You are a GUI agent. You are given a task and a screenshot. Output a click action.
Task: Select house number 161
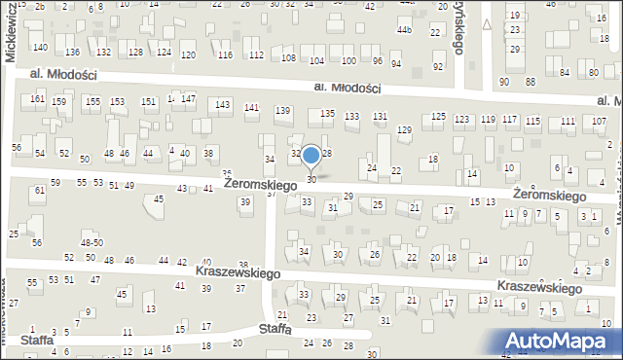click(37, 99)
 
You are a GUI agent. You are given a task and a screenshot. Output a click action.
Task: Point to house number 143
click(223, 104)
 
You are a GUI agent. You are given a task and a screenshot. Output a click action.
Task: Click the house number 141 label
click(251, 108)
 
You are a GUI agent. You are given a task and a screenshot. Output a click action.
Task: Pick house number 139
click(282, 111)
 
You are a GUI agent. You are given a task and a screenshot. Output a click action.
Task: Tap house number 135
click(328, 114)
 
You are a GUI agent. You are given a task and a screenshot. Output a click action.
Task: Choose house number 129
click(404, 129)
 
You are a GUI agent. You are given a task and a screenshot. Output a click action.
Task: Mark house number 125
click(439, 117)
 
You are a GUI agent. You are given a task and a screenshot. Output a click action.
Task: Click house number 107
click(599, 121)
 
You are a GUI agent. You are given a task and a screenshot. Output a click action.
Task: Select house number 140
click(39, 47)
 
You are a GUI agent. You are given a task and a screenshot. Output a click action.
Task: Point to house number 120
click(189, 54)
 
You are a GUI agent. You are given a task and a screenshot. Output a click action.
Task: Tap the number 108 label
click(288, 58)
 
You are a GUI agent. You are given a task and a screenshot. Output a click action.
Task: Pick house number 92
click(438, 66)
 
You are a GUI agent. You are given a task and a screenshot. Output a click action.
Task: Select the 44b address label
click(404, 30)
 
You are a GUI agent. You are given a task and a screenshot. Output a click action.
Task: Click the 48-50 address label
click(92, 242)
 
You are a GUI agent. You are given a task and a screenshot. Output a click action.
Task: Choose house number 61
click(40, 191)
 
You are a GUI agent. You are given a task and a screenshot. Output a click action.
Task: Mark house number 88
click(531, 81)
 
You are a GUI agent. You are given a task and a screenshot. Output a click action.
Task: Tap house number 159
click(59, 102)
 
